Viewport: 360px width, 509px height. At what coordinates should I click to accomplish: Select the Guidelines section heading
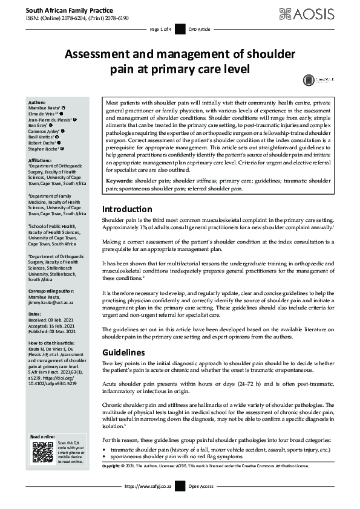(x=123, y=352)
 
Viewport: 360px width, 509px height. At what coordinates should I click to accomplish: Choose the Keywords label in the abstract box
(x=123, y=180)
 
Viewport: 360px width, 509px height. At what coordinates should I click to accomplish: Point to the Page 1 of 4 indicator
(x=160, y=29)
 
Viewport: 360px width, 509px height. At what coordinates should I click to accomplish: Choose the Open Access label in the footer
(x=201, y=486)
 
